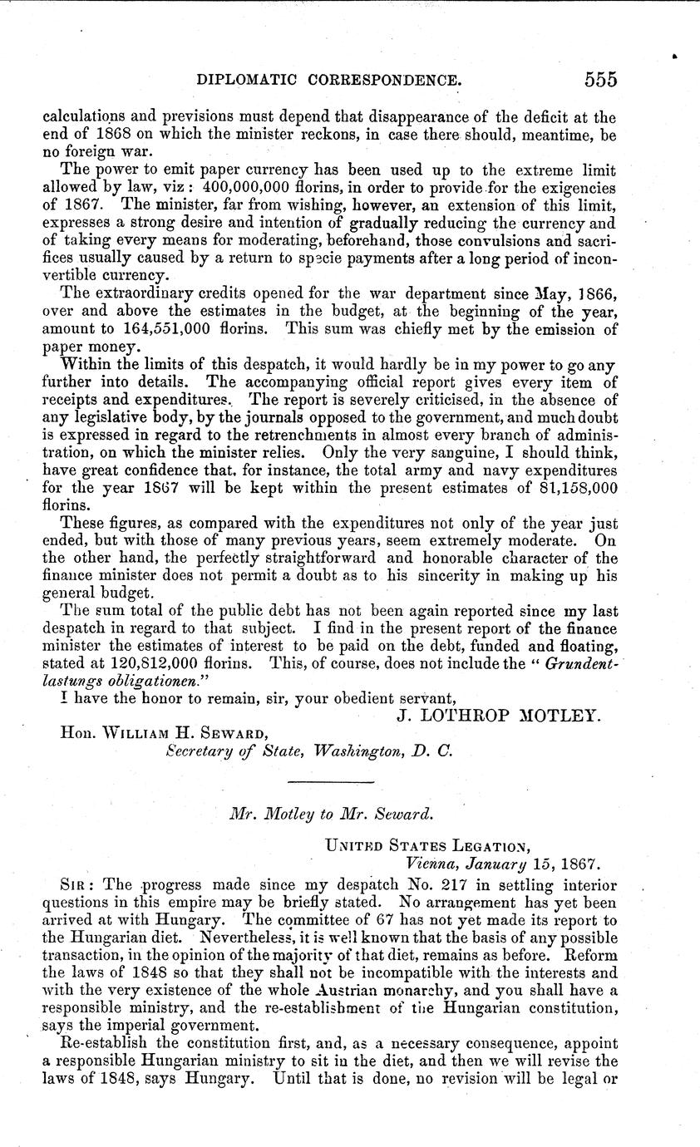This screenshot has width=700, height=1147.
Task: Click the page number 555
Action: pyautogui.click(x=600, y=79)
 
